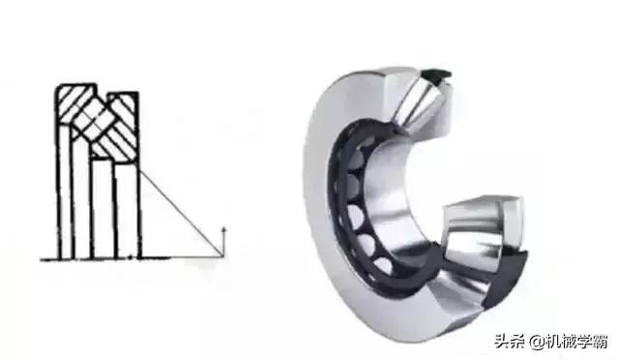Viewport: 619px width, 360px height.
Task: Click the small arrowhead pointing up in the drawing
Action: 224,230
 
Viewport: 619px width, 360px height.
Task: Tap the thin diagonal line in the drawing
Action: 181,214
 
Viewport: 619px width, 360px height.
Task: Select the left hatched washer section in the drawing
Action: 76,105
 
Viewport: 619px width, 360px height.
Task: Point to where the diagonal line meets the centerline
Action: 221,257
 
